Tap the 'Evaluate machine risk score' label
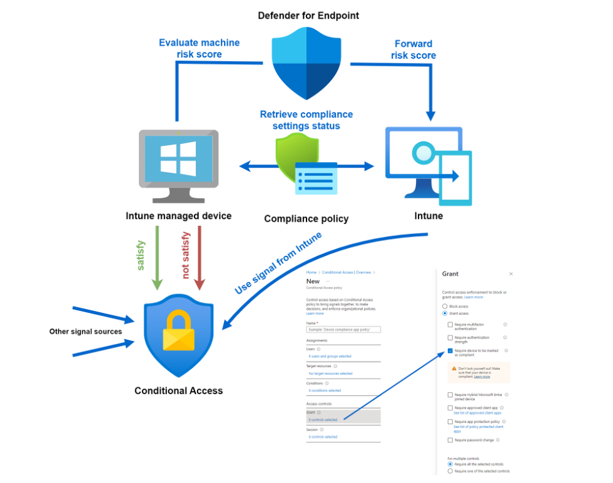point(200,48)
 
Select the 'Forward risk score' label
point(413,49)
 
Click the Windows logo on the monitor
point(178,158)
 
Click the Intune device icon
point(429,165)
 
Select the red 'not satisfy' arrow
point(199,257)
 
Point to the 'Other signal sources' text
point(86,331)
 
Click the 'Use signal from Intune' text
point(278,263)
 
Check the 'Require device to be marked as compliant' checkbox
point(450,352)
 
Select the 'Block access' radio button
point(445,307)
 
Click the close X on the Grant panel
point(511,274)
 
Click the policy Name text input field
point(343,328)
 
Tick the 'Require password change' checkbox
point(450,440)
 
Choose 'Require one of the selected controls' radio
point(450,471)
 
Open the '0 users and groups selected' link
point(330,356)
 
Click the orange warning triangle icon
point(453,369)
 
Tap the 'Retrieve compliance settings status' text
point(306,119)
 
